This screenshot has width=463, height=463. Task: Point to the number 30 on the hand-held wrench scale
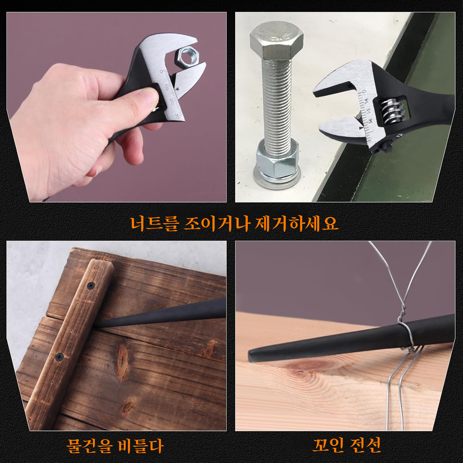(x=177, y=116)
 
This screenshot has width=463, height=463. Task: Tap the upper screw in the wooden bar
(x=90, y=286)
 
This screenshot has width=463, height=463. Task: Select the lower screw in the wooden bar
(x=59, y=357)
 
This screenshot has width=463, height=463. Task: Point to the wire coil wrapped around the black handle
(x=407, y=335)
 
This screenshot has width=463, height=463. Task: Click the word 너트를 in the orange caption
(x=154, y=223)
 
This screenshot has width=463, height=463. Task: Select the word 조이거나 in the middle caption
(x=216, y=223)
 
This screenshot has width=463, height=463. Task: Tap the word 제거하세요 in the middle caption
(x=296, y=223)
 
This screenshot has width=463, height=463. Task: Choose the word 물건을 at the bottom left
(x=90, y=445)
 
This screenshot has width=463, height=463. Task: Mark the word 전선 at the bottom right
(x=365, y=445)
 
